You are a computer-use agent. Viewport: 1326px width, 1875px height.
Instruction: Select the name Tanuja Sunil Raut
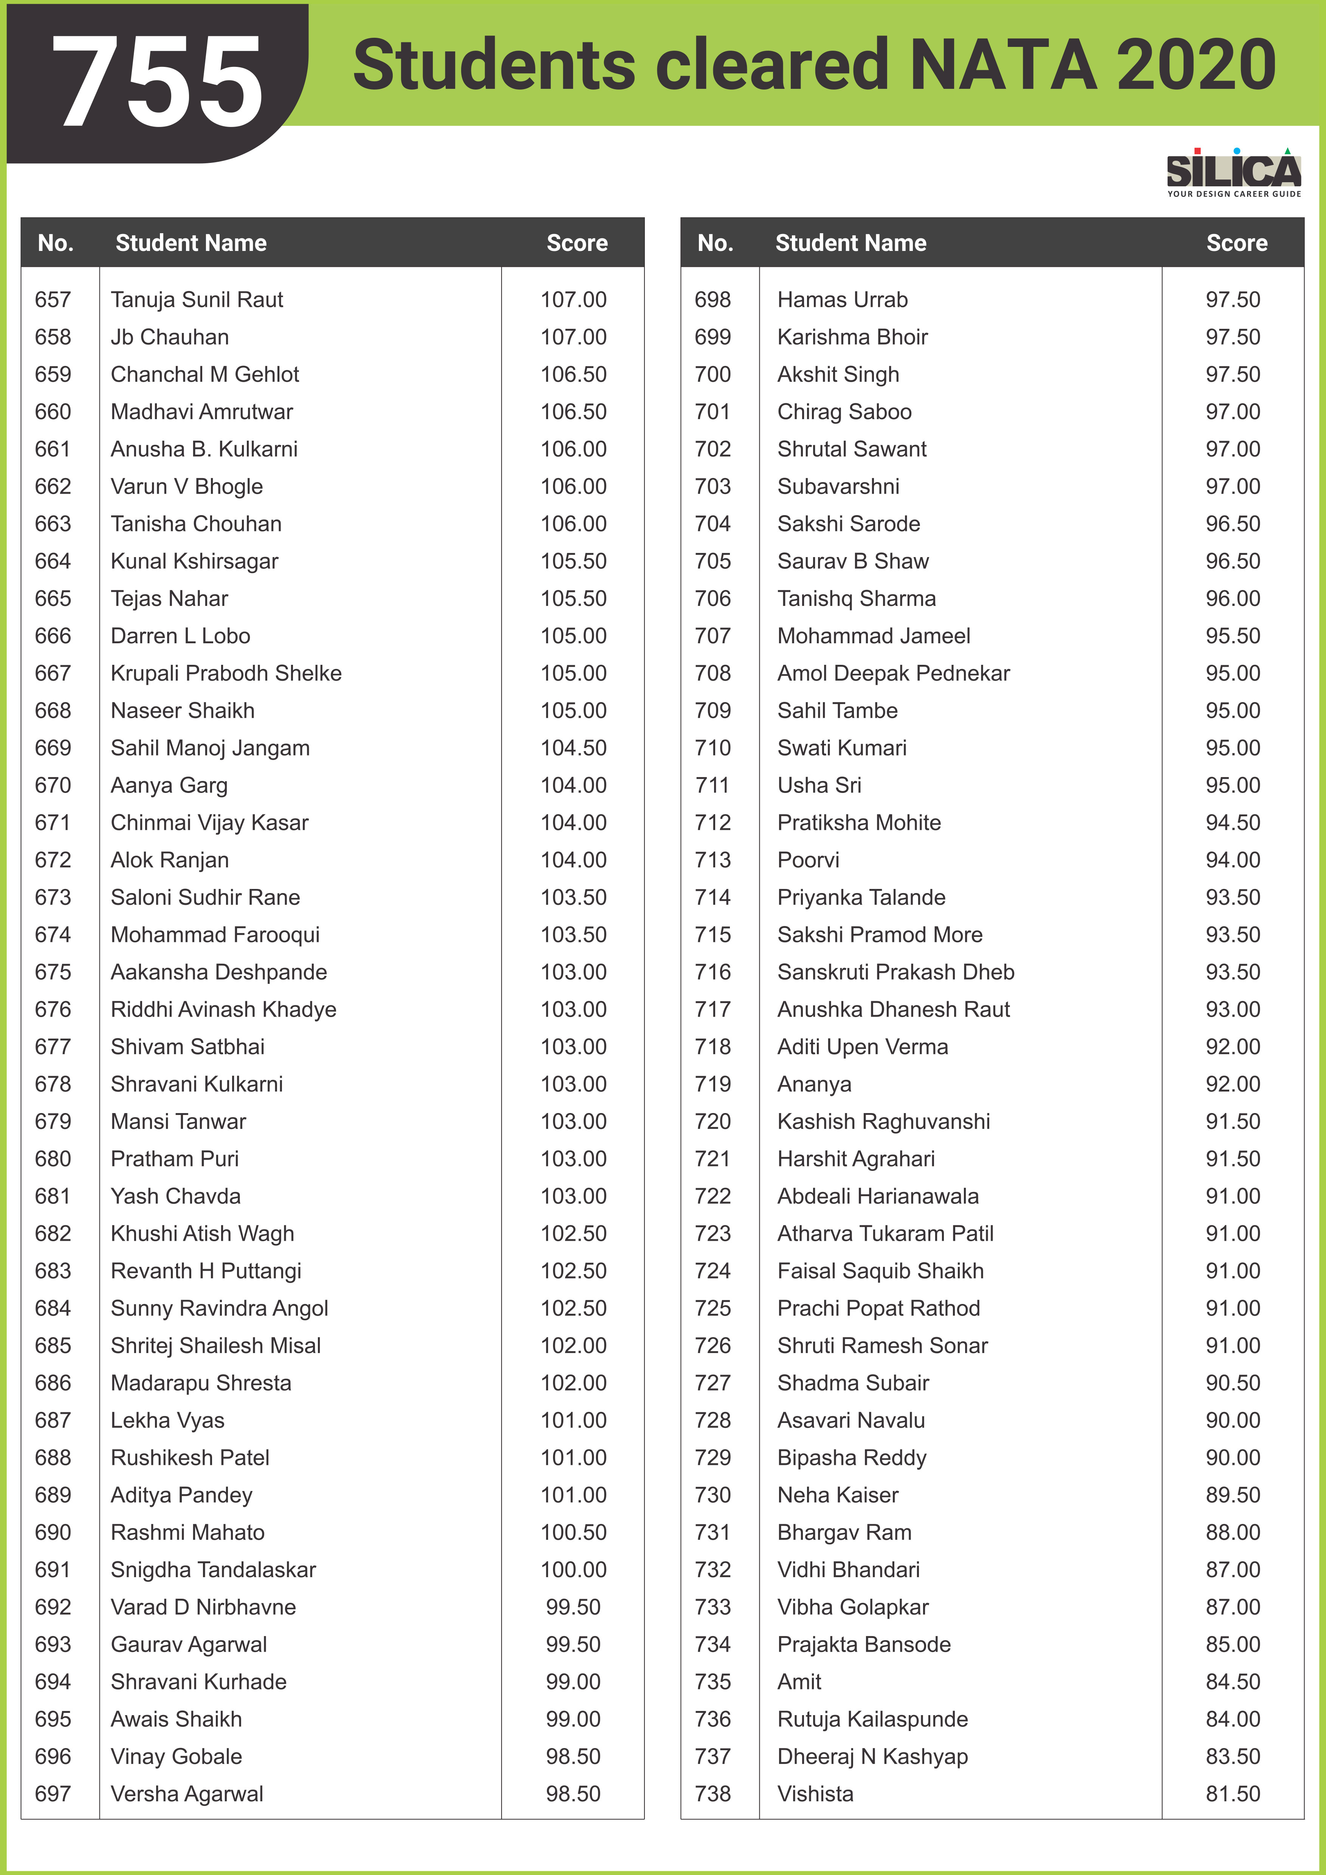point(197,300)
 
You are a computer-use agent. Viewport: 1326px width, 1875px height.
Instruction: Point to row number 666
point(53,636)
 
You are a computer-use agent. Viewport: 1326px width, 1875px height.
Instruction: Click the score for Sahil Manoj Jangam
point(573,748)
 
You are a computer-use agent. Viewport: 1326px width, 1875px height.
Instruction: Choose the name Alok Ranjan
point(170,860)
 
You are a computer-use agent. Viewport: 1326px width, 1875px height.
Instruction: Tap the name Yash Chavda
point(175,1196)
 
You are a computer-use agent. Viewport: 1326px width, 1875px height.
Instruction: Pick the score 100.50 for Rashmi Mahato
point(573,1533)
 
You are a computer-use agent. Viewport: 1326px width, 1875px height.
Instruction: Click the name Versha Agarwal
point(187,1794)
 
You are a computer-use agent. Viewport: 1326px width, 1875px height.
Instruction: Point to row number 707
point(713,636)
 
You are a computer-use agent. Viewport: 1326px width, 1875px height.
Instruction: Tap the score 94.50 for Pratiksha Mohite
point(1233,822)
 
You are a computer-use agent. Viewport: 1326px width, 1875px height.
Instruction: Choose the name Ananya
point(814,1084)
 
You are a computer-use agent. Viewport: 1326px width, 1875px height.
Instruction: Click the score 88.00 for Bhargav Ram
point(1233,1533)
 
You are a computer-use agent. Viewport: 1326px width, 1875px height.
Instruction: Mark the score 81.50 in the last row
point(1233,1794)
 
